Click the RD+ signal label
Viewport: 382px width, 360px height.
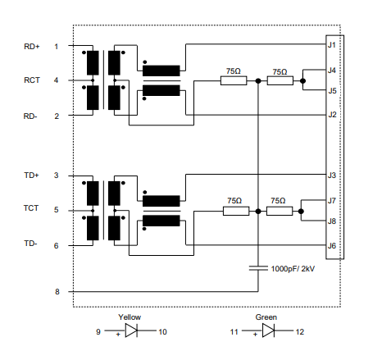point(32,47)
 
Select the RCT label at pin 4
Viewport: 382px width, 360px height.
point(32,80)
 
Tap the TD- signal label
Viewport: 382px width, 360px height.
point(30,244)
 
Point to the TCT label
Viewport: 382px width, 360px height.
point(31,208)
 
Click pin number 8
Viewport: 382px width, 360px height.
point(57,292)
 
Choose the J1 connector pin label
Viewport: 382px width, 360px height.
point(332,45)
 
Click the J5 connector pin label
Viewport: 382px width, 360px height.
point(332,90)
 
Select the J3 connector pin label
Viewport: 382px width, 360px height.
point(332,175)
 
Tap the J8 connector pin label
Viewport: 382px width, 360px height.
point(332,221)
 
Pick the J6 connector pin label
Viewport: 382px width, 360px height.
point(332,246)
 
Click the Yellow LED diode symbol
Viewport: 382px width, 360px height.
point(131,330)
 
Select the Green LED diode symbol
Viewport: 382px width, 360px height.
point(268,330)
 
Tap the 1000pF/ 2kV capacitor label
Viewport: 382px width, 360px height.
point(293,269)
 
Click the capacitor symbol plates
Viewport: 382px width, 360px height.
point(258,268)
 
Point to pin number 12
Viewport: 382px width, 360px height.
point(300,332)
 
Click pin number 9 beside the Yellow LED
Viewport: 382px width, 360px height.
point(98,332)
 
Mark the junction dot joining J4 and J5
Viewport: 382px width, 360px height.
point(302,81)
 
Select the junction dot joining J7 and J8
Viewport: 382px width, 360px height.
point(301,212)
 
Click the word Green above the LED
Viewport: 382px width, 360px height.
point(266,317)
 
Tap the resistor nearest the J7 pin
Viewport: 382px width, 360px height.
point(280,212)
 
